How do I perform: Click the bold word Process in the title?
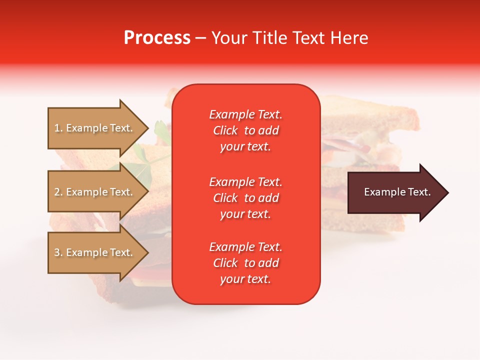pos(157,38)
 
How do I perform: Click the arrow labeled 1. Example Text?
pos(95,128)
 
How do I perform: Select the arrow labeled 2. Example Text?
pos(95,192)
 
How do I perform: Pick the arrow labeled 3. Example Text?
pos(95,252)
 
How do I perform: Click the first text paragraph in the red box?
pos(245,130)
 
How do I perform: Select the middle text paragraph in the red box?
pos(245,198)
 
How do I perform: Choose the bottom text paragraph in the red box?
pos(245,263)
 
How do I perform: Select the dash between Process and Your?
pos(201,38)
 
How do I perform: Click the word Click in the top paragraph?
pos(225,130)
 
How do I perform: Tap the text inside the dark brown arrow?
pos(397,192)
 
